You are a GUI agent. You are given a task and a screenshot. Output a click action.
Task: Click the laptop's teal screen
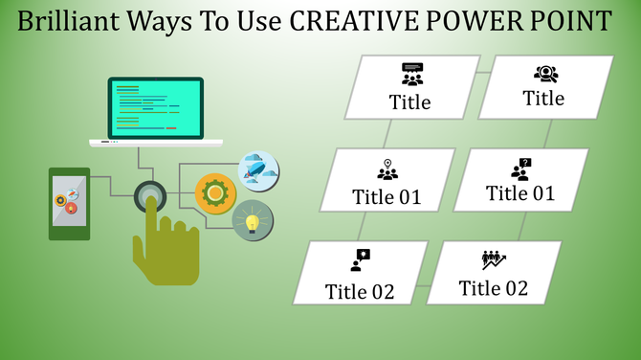click(x=155, y=107)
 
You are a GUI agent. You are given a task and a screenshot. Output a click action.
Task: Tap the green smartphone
click(x=69, y=202)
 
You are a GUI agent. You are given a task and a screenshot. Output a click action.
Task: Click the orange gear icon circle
click(x=215, y=192)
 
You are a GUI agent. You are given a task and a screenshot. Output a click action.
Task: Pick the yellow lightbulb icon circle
click(x=253, y=222)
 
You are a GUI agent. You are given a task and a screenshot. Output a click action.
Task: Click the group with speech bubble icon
click(x=412, y=75)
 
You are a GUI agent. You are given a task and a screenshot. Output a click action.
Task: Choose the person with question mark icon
click(x=520, y=169)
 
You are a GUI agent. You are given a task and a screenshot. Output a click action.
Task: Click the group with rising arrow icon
click(x=494, y=259)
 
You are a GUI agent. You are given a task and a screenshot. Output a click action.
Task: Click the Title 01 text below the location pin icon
click(x=387, y=197)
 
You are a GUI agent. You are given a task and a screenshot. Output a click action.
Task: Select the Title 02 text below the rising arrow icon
click(x=493, y=288)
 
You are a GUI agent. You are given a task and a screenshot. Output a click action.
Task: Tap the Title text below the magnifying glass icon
click(x=543, y=98)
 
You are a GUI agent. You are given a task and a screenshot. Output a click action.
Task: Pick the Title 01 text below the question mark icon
click(x=519, y=193)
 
